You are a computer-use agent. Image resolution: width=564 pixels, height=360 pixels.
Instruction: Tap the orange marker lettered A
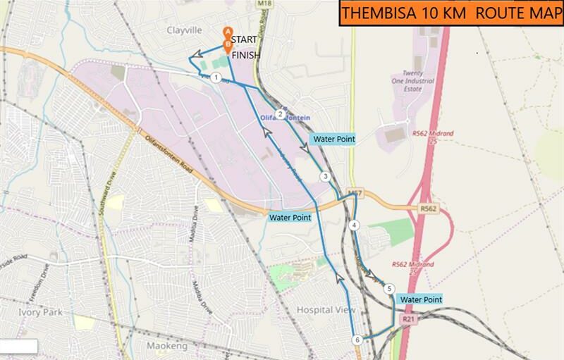[227, 32]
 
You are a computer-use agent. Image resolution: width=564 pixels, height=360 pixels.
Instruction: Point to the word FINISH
[246, 54]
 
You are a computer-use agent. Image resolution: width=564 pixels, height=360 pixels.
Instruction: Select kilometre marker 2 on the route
[280, 114]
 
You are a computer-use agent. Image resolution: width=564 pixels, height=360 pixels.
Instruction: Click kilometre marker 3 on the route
[325, 176]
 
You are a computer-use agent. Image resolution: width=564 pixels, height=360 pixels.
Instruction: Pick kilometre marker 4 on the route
[354, 225]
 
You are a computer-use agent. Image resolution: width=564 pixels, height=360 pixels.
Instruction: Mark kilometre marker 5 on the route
[388, 288]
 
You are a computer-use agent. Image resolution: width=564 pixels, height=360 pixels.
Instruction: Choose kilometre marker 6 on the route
[358, 340]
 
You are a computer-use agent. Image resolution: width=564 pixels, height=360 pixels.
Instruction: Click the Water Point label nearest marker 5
[421, 299]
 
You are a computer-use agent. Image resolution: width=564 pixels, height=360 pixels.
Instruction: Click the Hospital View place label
[326, 310]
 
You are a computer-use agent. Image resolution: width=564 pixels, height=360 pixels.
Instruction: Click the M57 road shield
[354, 192]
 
